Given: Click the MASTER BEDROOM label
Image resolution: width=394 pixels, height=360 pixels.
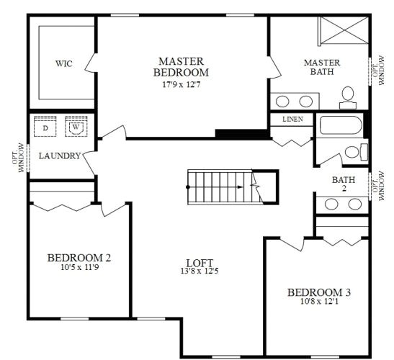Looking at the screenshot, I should pos(182,67).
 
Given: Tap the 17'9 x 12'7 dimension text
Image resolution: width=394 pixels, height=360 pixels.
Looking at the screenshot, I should pos(182,84).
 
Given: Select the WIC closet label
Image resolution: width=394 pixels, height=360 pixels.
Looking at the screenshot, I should pos(64,63).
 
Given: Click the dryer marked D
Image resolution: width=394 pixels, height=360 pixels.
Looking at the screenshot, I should pos(45,127).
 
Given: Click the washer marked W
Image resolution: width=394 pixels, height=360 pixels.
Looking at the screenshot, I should pos(75,127).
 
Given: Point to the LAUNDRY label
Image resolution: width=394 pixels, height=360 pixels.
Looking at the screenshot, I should pos(59,156).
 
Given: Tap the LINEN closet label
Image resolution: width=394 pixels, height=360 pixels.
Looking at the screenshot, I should pos(292,120).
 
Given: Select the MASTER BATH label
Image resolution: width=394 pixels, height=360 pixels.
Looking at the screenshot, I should pos(321,67).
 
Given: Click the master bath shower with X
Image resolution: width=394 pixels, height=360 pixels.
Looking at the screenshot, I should pos(343,32).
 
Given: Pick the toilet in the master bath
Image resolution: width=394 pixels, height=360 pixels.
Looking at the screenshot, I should pos(348,95).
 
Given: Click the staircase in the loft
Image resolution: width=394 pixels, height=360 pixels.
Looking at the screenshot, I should pos(223,186).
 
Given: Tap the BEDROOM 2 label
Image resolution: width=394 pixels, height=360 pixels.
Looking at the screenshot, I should pos(79,258).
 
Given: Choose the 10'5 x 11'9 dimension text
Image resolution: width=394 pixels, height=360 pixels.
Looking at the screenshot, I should pos(79,268).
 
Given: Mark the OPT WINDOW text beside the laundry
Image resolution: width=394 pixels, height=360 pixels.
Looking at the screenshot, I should pos(22,156).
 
